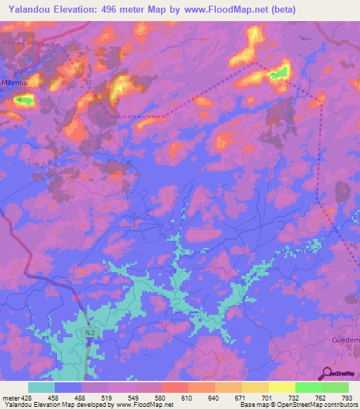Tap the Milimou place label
tap(15, 82)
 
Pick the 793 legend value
tap(347, 398)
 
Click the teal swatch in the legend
tap(41, 387)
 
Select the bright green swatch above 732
tap(309, 387)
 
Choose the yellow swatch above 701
tap(255, 387)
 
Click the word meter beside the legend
tap(9, 398)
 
